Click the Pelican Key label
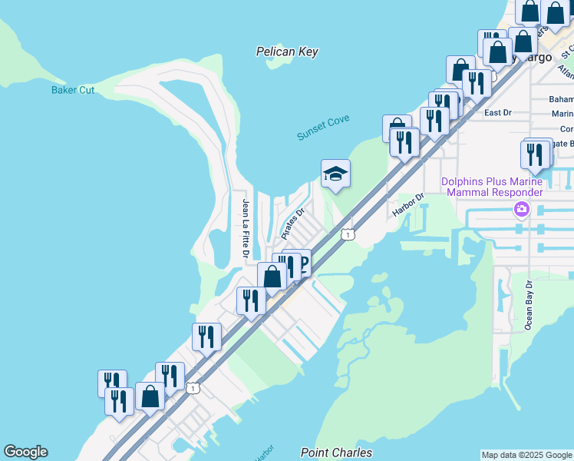point(287,52)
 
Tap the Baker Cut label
point(73,90)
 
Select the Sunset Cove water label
point(323,127)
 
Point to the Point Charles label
point(336,453)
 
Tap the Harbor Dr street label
point(408,205)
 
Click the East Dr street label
point(498,113)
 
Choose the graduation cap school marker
point(335,174)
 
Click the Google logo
point(25,453)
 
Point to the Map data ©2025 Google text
point(526,455)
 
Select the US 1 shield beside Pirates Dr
point(348,234)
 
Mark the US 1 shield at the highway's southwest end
point(193,389)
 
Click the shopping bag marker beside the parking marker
point(272,277)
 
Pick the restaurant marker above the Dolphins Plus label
point(535,154)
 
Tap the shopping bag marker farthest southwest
point(150,397)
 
